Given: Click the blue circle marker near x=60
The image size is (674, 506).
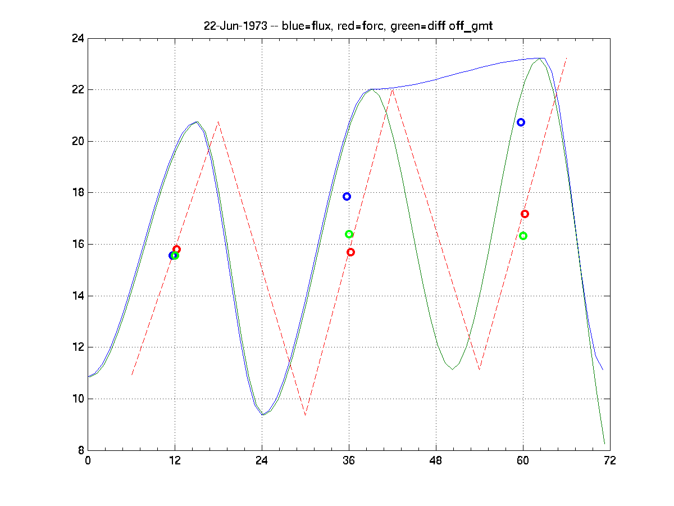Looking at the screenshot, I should (521, 122).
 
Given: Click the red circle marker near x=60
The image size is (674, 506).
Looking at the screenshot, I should (525, 214).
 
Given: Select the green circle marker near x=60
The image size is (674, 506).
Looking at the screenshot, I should (523, 236).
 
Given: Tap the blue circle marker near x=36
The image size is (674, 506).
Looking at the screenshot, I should (347, 196).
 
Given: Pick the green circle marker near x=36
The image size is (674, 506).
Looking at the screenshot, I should (349, 234).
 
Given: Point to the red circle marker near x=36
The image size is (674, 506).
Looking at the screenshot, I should (350, 252).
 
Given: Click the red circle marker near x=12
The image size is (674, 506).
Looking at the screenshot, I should (176, 249).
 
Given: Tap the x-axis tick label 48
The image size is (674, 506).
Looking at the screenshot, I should (436, 460).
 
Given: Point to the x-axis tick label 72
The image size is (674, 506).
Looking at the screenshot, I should (610, 460).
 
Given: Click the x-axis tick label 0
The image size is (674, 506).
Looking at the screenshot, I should (88, 460).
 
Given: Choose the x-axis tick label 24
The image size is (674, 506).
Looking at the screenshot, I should (262, 460).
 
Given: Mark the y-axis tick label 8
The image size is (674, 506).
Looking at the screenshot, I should (80, 450).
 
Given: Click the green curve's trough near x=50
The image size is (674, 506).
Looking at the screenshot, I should (453, 369).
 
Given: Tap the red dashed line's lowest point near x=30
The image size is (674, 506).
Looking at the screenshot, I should (306, 415).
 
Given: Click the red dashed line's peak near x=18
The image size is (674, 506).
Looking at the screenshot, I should (218, 122).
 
